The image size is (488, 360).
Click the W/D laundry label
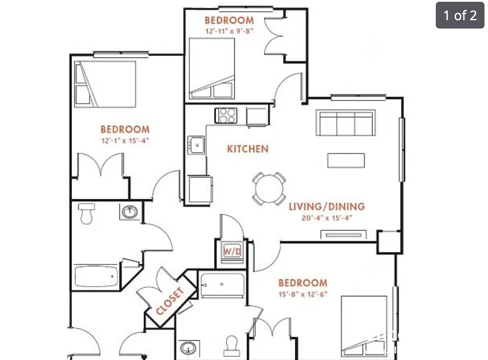(x=232, y=252)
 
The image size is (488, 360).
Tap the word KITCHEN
(x=248, y=149)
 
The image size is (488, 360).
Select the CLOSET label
(x=169, y=301)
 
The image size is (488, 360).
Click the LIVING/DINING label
(x=327, y=206)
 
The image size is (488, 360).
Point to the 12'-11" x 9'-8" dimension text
(x=229, y=31)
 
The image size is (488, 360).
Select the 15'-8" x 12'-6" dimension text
(x=303, y=294)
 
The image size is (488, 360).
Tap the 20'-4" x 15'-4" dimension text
(x=327, y=218)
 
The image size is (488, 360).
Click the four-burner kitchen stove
(x=226, y=115)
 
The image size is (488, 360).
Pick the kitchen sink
(x=196, y=144)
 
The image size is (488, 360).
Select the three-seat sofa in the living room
(x=346, y=123)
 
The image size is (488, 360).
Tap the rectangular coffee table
(x=346, y=160)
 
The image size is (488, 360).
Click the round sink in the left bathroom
(x=130, y=212)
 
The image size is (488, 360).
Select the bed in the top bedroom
(x=212, y=68)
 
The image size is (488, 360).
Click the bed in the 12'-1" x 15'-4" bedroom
(x=105, y=84)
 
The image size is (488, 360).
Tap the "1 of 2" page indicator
(x=459, y=16)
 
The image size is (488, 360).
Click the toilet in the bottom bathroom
(x=231, y=346)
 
